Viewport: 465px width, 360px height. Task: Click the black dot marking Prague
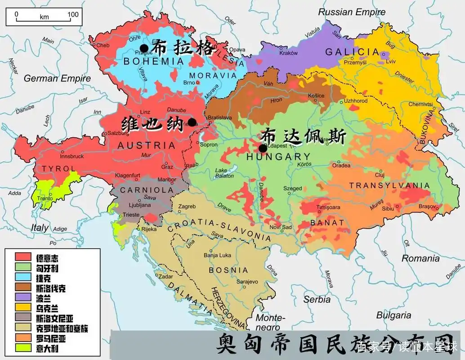click(x=144, y=48)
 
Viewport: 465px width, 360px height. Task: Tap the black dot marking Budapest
click(x=263, y=148)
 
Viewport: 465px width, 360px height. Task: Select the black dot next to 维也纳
click(x=192, y=122)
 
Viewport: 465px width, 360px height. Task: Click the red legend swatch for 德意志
click(x=22, y=257)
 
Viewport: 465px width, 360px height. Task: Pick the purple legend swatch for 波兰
click(x=22, y=297)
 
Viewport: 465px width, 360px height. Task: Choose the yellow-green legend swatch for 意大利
click(x=22, y=347)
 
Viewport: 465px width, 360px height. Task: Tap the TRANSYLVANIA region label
click(x=389, y=185)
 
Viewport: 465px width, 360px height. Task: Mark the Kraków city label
click(x=288, y=53)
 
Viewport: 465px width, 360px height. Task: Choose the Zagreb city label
click(x=187, y=207)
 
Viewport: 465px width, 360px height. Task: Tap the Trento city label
click(x=45, y=198)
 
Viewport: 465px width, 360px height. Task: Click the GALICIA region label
click(x=353, y=52)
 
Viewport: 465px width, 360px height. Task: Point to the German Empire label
click(x=57, y=78)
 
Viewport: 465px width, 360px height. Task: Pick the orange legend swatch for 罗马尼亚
click(x=22, y=337)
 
